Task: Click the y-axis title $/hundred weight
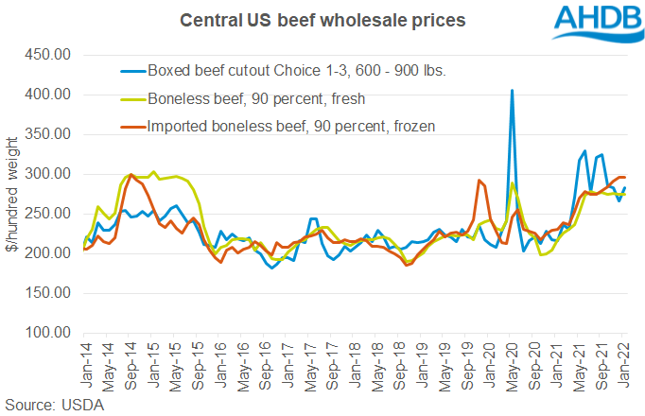click(13, 197)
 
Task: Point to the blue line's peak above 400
click(512, 91)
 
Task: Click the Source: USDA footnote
click(58, 404)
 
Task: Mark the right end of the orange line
click(624, 178)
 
